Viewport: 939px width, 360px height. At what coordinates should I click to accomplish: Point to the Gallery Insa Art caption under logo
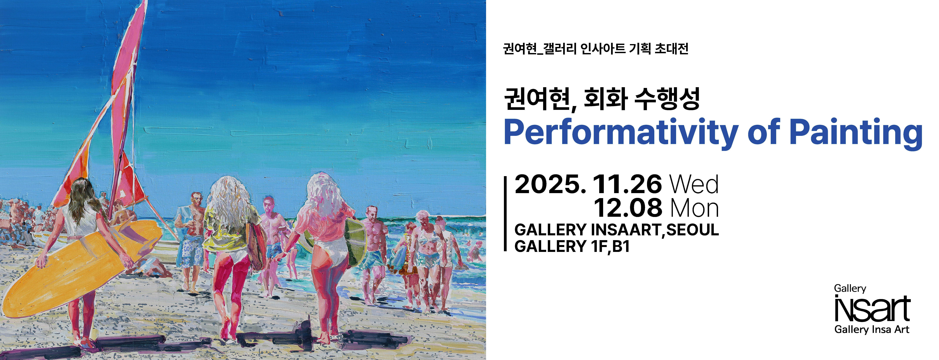tap(872, 330)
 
